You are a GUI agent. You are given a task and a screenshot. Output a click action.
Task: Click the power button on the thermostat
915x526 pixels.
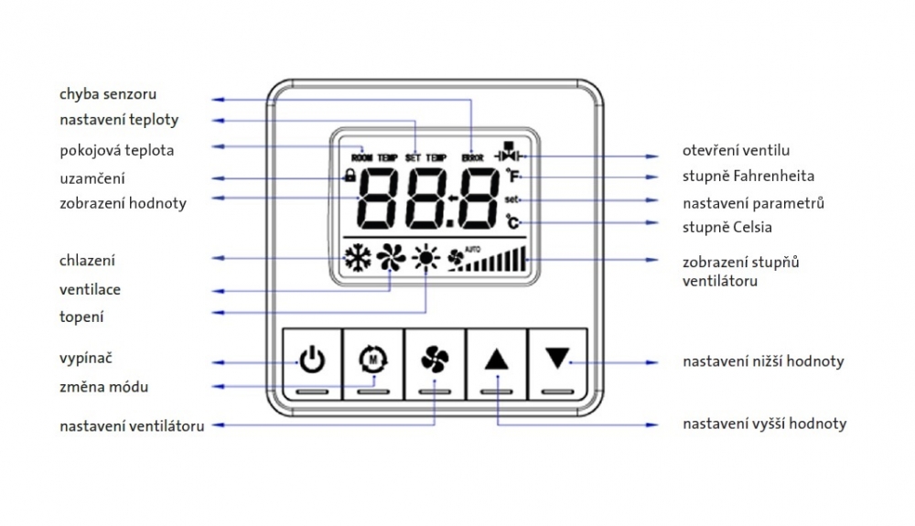pyautogui.click(x=312, y=364)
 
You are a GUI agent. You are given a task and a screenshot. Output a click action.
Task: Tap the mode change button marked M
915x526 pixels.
pyautogui.click(x=373, y=364)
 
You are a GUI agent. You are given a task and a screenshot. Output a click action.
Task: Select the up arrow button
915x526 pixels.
pyautogui.click(x=496, y=364)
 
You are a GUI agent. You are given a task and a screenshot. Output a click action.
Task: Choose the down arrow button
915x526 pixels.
pyautogui.click(x=557, y=364)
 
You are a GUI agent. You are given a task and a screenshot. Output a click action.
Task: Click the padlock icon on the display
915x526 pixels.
pyautogui.click(x=350, y=175)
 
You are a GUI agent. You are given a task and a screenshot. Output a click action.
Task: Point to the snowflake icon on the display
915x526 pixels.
pyautogui.click(x=357, y=258)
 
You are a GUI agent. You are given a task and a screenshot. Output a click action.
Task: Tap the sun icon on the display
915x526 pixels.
pyautogui.click(x=426, y=257)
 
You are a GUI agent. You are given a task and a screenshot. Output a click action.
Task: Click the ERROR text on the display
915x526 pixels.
pyautogui.click(x=473, y=157)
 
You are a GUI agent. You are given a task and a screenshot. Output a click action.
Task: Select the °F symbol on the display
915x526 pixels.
pyautogui.click(x=513, y=175)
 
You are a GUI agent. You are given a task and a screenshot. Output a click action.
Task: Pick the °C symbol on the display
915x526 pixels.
pyautogui.click(x=513, y=221)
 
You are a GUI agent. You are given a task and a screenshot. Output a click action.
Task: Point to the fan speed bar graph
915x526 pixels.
pyautogui.click(x=495, y=260)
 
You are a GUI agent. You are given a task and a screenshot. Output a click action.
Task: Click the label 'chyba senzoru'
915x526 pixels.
pyautogui.click(x=108, y=94)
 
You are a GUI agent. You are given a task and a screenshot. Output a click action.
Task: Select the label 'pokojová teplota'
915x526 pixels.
pyautogui.click(x=117, y=150)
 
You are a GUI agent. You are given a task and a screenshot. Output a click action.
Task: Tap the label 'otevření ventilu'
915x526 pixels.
pyautogui.click(x=736, y=150)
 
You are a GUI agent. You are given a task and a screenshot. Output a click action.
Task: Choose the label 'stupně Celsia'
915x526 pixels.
pyautogui.click(x=727, y=228)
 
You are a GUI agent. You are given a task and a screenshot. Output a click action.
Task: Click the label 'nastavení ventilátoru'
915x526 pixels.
pyautogui.click(x=132, y=426)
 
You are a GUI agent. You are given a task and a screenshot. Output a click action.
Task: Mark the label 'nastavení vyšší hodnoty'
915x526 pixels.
pyautogui.click(x=764, y=424)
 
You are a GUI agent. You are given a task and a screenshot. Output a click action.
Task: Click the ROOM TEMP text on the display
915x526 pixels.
pyautogui.click(x=374, y=157)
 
